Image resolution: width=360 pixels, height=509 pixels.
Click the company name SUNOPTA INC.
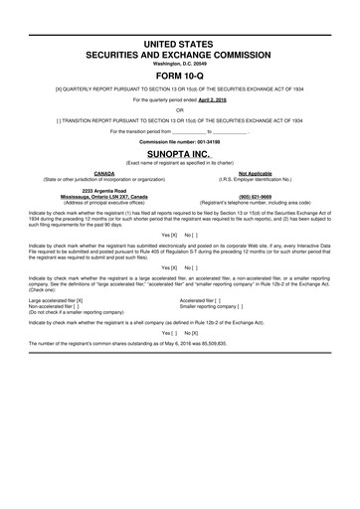pyautogui.click(x=180, y=157)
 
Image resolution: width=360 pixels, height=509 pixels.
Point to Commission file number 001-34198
pyautogui.click(x=180, y=143)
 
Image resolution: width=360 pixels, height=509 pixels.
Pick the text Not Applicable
pyautogui.click(x=264, y=172)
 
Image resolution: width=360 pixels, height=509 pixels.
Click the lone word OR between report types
pyautogui.click(x=180, y=109)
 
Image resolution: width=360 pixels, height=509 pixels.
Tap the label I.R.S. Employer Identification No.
pyautogui.click(x=264, y=179)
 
